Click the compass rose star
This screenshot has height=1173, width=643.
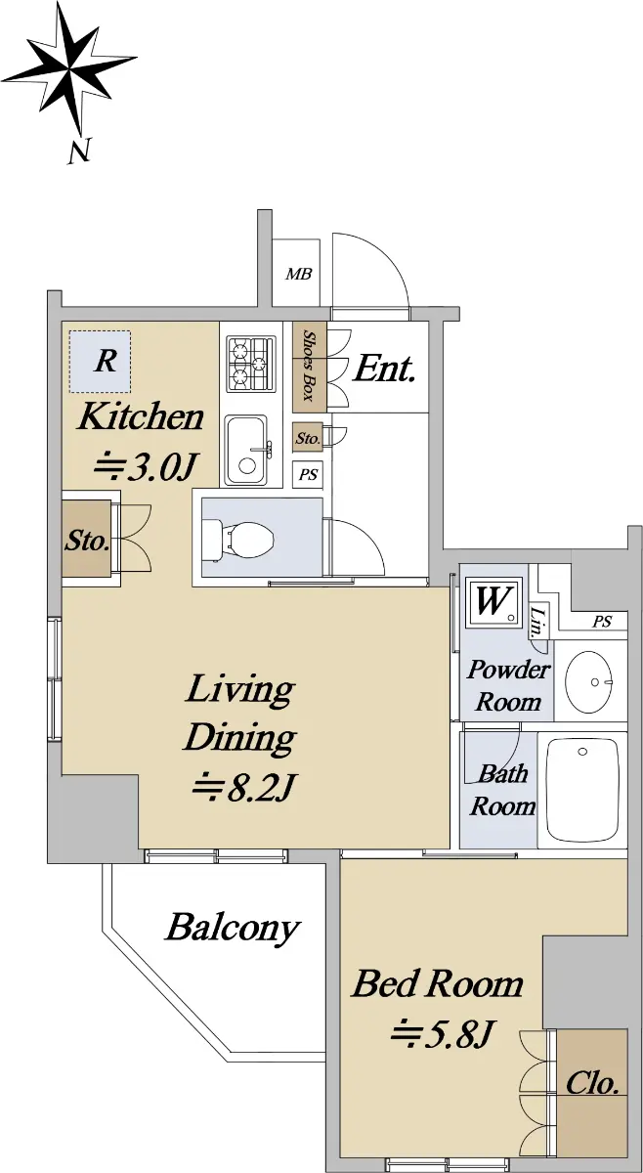70,68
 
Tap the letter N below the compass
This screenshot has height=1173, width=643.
80,150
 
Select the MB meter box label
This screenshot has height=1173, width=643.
298,274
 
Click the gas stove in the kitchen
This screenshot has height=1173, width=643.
251,364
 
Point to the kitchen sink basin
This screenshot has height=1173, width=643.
247,450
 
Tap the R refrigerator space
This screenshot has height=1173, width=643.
100,361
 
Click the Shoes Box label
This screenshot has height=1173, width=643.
310,366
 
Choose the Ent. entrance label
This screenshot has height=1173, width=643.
385,369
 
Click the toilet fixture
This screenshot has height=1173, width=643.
238,539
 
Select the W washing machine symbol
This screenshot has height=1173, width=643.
493,602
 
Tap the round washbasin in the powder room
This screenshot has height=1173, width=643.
590,682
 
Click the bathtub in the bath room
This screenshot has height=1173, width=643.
582,789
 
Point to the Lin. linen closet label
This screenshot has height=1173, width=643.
538,621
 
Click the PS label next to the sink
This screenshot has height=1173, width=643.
309,474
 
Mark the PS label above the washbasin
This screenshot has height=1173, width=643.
602,622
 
